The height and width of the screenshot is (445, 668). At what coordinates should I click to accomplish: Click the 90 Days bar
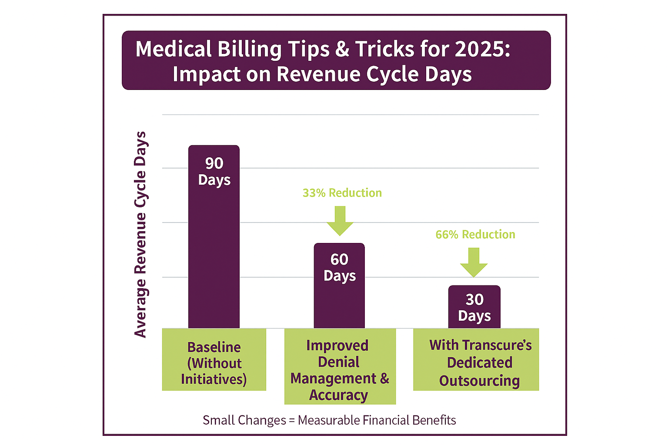pyautogui.click(x=214, y=243)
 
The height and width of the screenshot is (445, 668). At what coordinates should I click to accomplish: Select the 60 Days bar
pyautogui.click(x=339, y=296)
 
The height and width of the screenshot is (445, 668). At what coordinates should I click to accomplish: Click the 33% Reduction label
pyautogui.click(x=342, y=193)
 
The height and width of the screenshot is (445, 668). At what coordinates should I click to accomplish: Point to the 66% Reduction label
pyautogui.click(x=475, y=235)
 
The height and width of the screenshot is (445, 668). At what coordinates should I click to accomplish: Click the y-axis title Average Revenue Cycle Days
pyautogui.click(x=140, y=235)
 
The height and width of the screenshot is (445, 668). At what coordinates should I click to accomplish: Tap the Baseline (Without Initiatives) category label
pyautogui.click(x=214, y=363)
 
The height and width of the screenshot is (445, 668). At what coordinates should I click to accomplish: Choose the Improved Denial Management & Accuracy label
pyautogui.click(x=340, y=370)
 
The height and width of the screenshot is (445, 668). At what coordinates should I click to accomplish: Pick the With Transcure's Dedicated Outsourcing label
pyautogui.click(x=480, y=362)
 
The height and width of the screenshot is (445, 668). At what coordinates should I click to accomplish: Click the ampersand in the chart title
pyautogui.click(x=342, y=49)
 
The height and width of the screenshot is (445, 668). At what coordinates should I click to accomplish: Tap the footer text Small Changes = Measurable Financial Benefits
pyautogui.click(x=329, y=420)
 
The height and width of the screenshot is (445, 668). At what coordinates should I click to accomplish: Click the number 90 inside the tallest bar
pyautogui.click(x=214, y=163)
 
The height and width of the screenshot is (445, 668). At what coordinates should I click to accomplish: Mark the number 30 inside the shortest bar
pyautogui.click(x=474, y=299)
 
